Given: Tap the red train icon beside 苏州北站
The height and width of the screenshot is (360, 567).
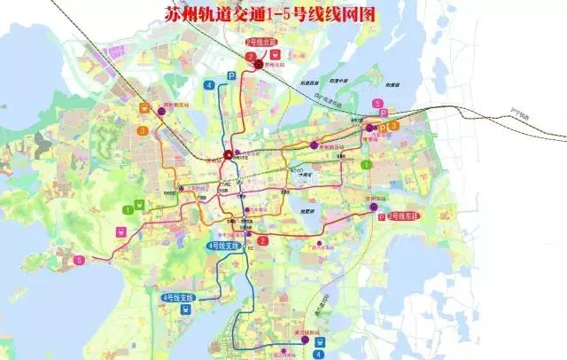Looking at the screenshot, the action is pos(271,52).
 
